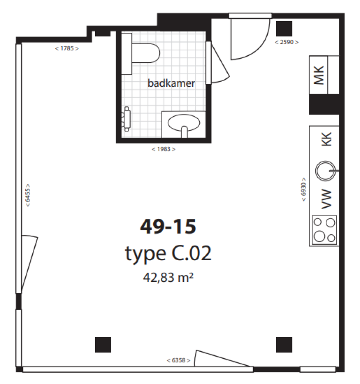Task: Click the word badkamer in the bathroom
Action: click(171, 83)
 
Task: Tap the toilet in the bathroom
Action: click(141, 53)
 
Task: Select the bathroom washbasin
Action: click(184, 124)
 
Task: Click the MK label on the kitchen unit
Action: click(319, 75)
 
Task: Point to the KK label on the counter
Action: click(326, 139)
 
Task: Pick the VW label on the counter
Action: click(326, 199)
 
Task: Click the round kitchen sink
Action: click(326, 171)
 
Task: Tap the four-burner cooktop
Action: click(324, 230)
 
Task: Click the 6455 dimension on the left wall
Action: click(28, 195)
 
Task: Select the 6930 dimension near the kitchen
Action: click(304, 189)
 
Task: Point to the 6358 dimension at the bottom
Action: click(179, 361)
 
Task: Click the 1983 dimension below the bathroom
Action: click(164, 149)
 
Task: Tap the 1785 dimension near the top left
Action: click(67, 48)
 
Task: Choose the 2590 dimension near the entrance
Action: click(287, 42)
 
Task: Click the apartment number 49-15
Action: click(168, 226)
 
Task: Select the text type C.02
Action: click(168, 254)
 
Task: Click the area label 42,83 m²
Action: click(168, 278)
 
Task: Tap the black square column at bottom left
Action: click(103, 345)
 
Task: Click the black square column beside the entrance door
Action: click(284, 29)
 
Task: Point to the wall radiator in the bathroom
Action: click(127, 119)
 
